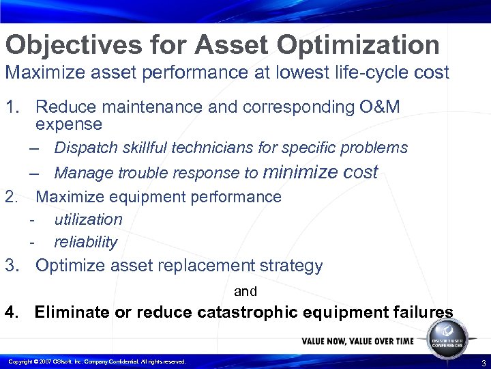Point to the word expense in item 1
point(68,124)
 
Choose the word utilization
point(88,219)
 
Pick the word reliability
point(85,242)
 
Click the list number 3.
point(11,265)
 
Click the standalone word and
point(245,292)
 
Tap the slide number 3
point(483,362)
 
